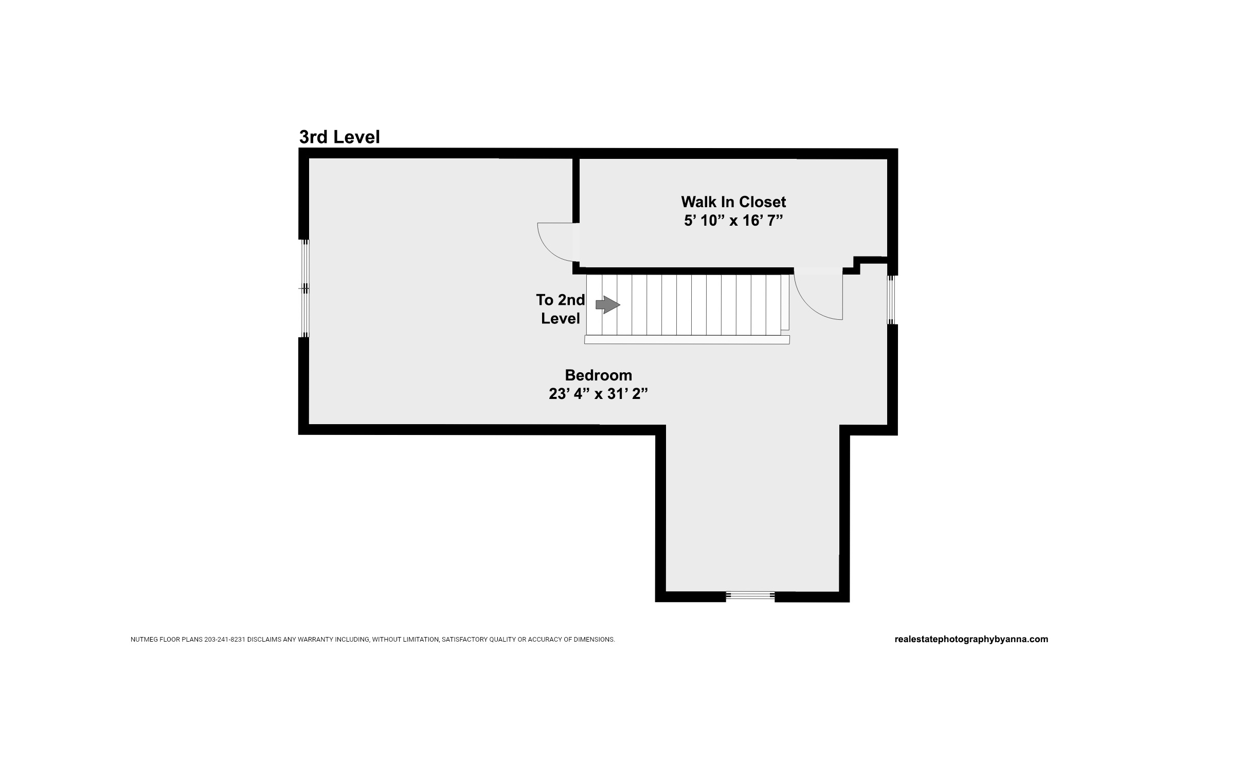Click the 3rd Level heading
pos(339,137)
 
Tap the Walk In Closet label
pos(733,202)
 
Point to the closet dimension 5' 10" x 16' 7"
pos(733,221)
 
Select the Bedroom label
pos(598,375)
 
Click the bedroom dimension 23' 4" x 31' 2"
pos(598,394)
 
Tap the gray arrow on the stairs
pos(608,305)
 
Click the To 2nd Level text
pos(561,309)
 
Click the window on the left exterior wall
pos(305,288)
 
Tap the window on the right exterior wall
pos(892,300)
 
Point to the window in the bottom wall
pos(750,596)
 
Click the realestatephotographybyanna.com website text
pos(971,639)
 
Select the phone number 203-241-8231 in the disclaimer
pos(225,640)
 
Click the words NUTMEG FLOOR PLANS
pos(166,640)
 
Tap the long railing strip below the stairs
pos(687,339)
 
